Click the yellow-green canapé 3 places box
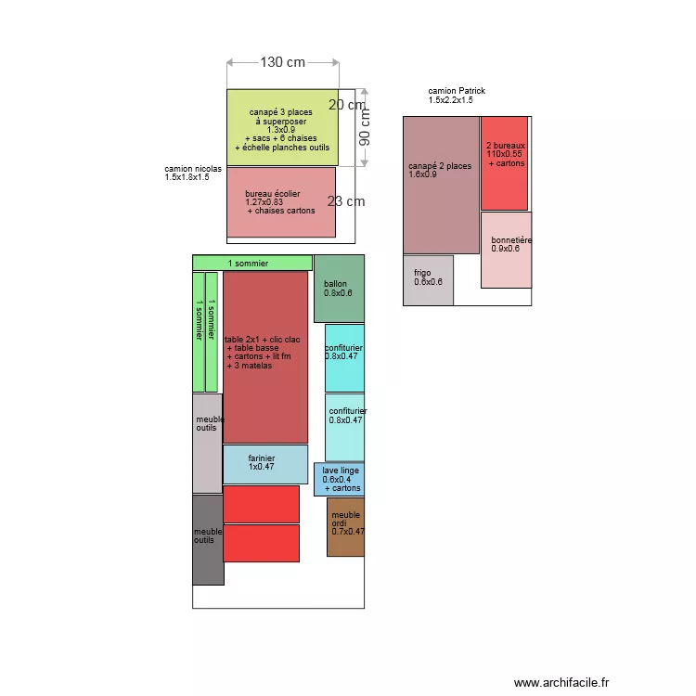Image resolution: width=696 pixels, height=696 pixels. [282, 128]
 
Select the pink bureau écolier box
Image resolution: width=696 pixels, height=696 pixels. [280, 202]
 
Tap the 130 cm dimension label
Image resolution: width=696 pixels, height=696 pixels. [282, 62]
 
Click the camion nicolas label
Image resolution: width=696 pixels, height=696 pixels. [187, 173]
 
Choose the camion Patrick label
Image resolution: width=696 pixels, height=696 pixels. [456, 96]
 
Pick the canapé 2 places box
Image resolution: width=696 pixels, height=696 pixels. [441, 186]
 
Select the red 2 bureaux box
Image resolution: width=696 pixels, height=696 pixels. [504, 163]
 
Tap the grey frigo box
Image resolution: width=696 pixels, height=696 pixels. [428, 280]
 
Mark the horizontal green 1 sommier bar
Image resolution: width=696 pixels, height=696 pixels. [251, 263]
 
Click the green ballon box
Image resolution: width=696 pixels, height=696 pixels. [339, 289]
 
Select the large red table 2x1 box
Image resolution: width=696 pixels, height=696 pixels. [265, 357]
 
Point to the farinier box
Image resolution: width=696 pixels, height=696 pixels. [265, 464]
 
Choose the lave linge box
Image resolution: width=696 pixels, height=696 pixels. [339, 480]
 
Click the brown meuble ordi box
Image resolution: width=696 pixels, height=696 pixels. [345, 527]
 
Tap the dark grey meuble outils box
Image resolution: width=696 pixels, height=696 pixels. [208, 540]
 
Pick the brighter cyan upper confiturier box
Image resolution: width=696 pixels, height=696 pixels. [344, 358]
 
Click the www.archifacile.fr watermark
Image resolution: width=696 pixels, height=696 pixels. [561, 682]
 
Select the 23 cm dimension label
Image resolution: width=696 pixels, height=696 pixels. [346, 200]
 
